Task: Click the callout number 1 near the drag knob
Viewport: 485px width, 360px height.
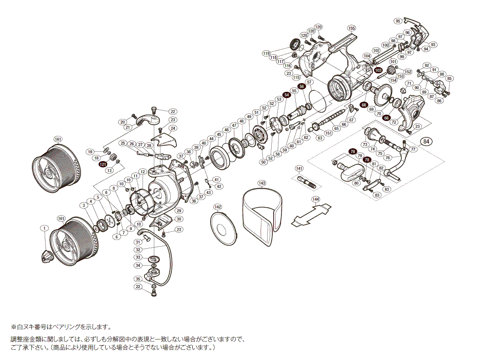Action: pos(45,228)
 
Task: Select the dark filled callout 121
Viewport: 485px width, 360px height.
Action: pos(103,164)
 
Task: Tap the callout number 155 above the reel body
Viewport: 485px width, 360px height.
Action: pos(351,28)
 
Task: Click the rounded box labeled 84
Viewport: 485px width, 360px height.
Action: pos(427,142)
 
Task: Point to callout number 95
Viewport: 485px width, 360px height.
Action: pos(398,21)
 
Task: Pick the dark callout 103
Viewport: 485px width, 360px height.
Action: pos(378,70)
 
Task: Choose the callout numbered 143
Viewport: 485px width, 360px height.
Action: pos(262,183)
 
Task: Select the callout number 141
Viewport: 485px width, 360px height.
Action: pos(299,168)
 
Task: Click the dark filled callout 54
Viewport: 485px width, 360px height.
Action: pos(287,95)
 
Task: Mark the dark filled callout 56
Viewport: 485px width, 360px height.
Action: pos(302,87)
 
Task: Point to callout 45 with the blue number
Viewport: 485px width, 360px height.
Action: pos(219,134)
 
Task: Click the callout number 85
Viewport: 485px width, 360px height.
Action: pos(450,78)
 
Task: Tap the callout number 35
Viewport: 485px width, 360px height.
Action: pos(138,279)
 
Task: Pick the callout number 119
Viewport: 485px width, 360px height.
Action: pos(266,53)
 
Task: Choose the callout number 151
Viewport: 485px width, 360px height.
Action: pos(329,133)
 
